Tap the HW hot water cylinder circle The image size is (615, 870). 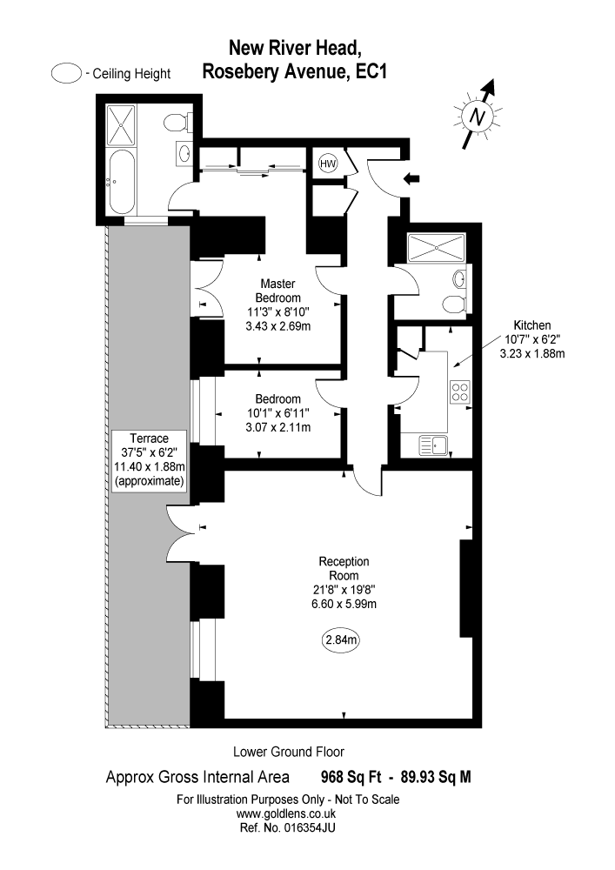(328, 164)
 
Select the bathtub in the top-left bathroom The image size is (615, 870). (121, 183)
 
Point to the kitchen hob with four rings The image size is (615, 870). (458, 392)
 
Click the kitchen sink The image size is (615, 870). (432, 446)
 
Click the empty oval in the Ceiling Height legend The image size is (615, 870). (66, 74)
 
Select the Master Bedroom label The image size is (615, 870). (278, 291)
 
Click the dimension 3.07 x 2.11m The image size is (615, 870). (278, 427)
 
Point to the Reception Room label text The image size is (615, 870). (344, 568)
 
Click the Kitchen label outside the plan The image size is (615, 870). (533, 325)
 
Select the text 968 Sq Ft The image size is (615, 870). (344, 778)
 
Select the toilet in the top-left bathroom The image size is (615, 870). (177, 120)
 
